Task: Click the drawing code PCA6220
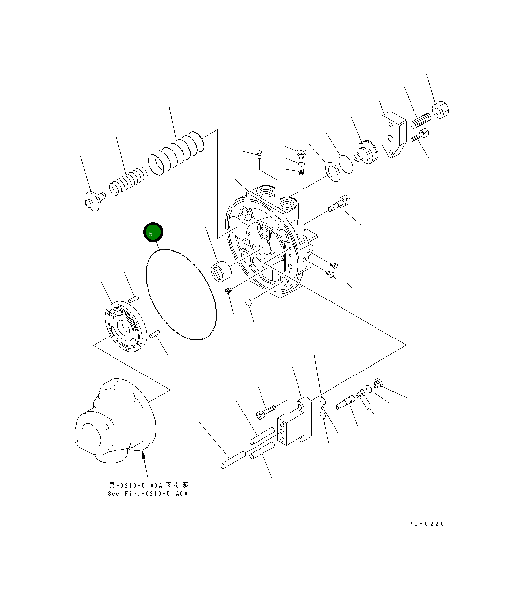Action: click(426, 524)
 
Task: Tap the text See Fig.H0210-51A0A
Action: click(148, 494)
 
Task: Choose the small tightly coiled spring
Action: click(128, 183)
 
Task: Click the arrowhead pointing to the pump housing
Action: click(143, 456)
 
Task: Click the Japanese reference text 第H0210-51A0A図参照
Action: click(149, 486)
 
